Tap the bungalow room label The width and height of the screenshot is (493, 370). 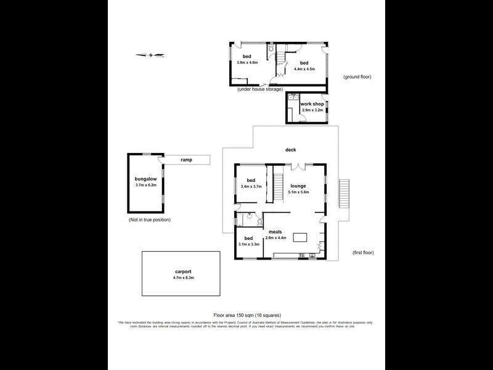(x=147, y=178)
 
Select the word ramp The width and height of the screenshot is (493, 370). (x=186, y=160)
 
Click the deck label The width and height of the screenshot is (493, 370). (x=291, y=150)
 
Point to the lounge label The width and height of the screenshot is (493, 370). (x=299, y=185)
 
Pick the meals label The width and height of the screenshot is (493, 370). (x=275, y=232)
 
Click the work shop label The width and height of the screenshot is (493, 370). (x=312, y=104)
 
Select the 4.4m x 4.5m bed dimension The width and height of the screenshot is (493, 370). (x=304, y=69)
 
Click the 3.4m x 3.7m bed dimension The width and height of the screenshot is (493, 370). (x=251, y=186)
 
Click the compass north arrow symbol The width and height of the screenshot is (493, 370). (x=151, y=55)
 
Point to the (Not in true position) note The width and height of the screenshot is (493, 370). (x=150, y=220)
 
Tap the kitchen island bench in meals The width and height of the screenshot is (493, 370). (x=300, y=237)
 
